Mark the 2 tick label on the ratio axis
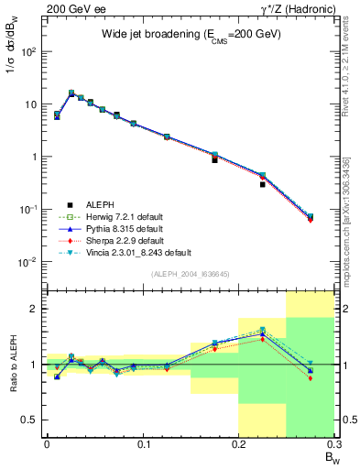38,310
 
